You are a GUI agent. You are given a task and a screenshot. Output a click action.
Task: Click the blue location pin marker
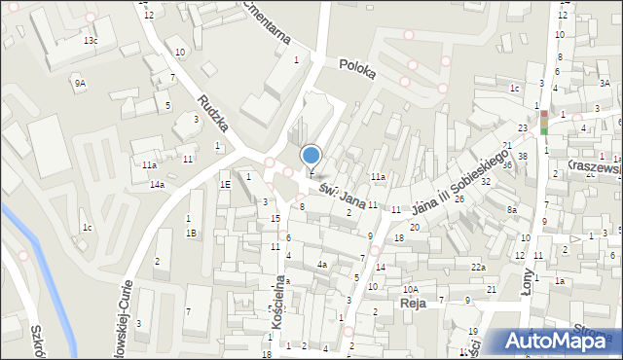pyautogui.click(x=311, y=156)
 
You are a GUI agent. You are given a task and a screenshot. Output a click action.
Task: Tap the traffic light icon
pyautogui.click(x=544, y=122)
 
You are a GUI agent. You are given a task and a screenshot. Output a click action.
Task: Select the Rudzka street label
pyautogui.click(x=212, y=114)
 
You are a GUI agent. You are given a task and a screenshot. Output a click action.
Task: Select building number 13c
pyautogui.click(x=90, y=41)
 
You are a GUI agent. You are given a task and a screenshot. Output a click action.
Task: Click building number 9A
pyautogui.click(x=80, y=84)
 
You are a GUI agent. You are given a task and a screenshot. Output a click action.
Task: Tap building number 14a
pyautogui.click(x=156, y=185)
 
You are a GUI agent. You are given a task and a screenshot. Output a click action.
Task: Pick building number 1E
pyautogui.click(x=225, y=184)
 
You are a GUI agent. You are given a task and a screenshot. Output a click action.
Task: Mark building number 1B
pyautogui.click(x=191, y=233)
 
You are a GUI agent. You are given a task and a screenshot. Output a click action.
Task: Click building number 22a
pyautogui.click(x=478, y=268)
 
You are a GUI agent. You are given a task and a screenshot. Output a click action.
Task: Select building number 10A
pyautogui.click(x=412, y=289)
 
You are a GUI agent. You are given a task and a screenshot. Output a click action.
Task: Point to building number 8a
pyautogui.click(x=511, y=209)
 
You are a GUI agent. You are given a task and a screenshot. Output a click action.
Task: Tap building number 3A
pyautogui.click(x=605, y=84)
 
